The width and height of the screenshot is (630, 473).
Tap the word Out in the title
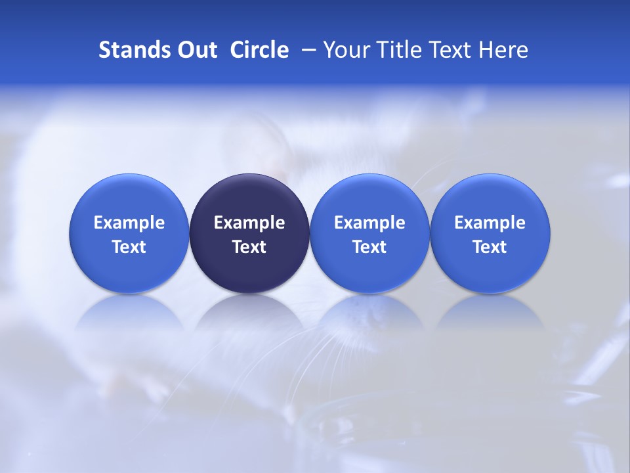[x=195, y=50]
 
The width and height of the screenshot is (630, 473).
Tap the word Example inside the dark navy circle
[x=249, y=223]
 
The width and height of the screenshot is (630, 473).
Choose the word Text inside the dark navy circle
[x=249, y=247]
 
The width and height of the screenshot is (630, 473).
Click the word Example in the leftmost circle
[x=129, y=223]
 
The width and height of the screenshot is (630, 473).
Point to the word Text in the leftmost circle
[x=129, y=247]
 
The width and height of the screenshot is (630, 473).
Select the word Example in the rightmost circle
[x=490, y=223]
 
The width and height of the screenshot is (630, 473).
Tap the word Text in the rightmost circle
[x=490, y=247]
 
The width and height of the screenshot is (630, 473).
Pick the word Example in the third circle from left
[x=369, y=223]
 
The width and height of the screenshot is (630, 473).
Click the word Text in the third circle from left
[x=369, y=247]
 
